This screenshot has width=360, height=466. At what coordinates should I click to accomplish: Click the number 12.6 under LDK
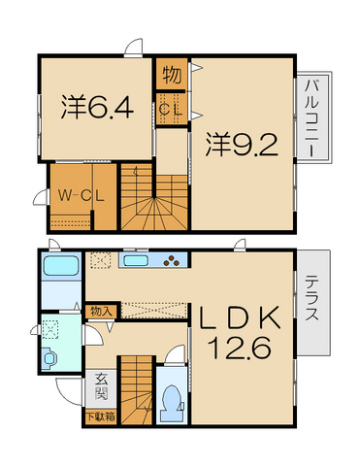pos(241,347)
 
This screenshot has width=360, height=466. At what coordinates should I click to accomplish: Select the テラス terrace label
pos(313,301)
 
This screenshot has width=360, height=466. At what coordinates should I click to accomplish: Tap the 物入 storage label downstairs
pos(99,311)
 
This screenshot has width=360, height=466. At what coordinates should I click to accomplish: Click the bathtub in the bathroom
pos(60,268)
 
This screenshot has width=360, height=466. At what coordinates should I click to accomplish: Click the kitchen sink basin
pos(135,260)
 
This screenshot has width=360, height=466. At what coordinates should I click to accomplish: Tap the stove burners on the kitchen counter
pos(174,260)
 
